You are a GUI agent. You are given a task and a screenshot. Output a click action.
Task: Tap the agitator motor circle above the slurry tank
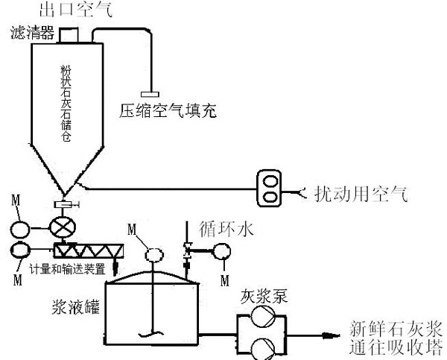click(x=154, y=253)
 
